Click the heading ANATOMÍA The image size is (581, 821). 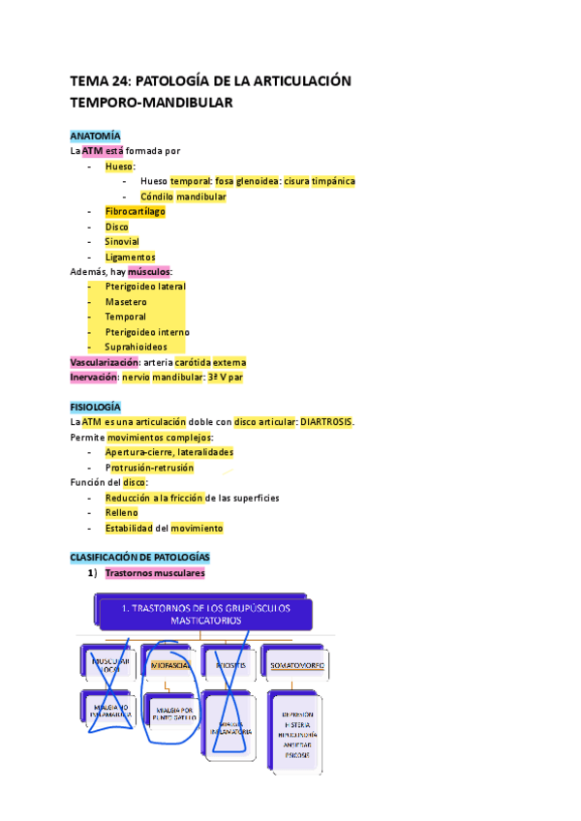click(95, 137)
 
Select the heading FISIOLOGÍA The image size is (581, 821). click(96, 408)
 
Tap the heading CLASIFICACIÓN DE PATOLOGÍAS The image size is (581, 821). click(139, 559)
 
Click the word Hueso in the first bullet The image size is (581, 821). click(120, 167)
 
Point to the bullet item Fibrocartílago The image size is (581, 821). click(136, 211)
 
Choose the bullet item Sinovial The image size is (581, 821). click(122, 241)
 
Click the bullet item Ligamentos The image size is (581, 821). click(130, 257)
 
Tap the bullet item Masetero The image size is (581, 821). click(126, 302)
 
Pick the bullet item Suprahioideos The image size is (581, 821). click(136, 347)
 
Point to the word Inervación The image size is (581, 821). click(93, 377)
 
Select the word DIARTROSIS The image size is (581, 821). click(326, 422)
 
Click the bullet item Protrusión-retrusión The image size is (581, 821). click(149, 468)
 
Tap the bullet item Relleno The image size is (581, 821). click(122, 512)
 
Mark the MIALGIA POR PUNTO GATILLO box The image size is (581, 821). click(167, 716)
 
